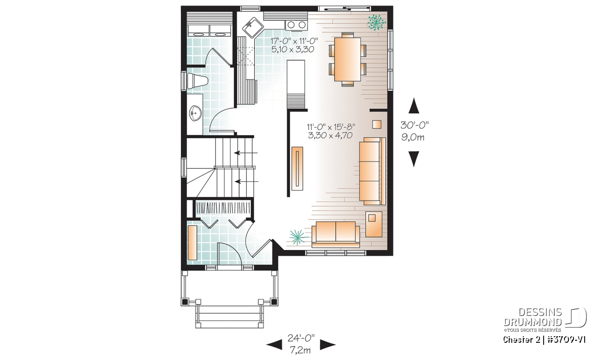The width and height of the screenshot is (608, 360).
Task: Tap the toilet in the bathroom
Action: click(197, 81)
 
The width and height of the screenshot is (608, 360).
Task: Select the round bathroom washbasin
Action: click(195, 113)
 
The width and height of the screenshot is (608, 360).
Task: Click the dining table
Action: click(348, 59)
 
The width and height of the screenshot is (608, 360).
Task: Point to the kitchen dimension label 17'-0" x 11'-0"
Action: click(294, 41)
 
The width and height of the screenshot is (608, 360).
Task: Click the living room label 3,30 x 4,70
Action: click(330, 135)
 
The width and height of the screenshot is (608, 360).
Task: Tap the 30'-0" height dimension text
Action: click(414, 125)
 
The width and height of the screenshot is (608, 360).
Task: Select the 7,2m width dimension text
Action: click(300, 350)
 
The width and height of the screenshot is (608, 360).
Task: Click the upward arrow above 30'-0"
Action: click(414, 105)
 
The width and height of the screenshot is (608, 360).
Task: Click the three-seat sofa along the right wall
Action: click(372, 171)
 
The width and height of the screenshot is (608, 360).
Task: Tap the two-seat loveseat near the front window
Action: click(335, 234)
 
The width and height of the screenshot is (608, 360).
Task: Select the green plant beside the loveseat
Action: click(298, 237)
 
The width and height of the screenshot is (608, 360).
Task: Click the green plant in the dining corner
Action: click(377, 22)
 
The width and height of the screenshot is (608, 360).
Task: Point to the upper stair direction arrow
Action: click(246, 153)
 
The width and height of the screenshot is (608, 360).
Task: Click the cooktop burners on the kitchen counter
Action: click(296, 25)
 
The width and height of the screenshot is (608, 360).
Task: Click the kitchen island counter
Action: click(296, 84)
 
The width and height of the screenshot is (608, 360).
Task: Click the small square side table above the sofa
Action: click(377, 125)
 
